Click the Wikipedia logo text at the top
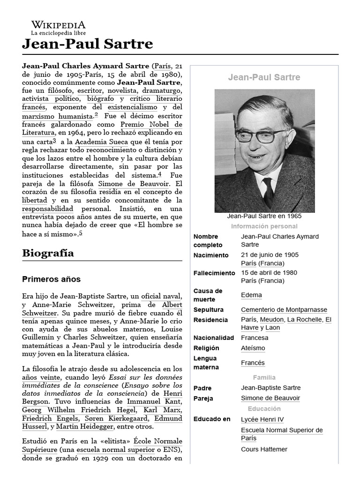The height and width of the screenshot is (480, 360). tap(58, 25)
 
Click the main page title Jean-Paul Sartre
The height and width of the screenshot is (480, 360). tap(88, 44)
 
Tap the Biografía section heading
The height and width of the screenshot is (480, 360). tap(48, 253)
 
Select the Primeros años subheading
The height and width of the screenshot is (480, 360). tap(52, 279)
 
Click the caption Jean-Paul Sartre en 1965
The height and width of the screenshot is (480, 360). tap(264, 216)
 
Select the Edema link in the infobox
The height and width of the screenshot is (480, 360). tap(251, 295)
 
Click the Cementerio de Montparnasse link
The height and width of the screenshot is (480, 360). tap(284, 310)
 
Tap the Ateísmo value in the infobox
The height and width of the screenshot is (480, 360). tap(253, 348)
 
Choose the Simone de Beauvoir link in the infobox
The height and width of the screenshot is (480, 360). tap(270, 398)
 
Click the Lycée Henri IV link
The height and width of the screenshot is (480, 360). tap(262, 420)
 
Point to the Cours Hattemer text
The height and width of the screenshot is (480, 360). tap(264, 449)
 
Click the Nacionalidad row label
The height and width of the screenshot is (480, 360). tap(214, 338)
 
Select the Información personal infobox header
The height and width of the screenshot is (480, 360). tap(264, 226)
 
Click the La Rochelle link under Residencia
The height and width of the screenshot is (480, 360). tap(304, 320)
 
